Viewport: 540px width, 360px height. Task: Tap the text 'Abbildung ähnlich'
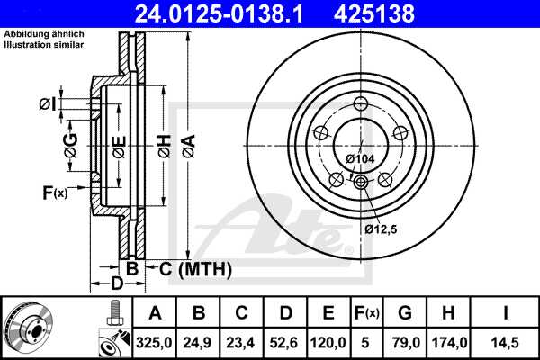pyautogui.click(x=40, y=35)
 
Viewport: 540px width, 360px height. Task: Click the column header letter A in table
pyautogui.click(x=155, y=313)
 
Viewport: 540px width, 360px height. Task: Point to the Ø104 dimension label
pyautogui.click(x=360, y=160)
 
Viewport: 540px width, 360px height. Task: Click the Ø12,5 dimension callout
pyautogui.click(x=380, y=229)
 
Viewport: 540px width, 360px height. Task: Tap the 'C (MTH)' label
pyautogui.click(x=195, y=268)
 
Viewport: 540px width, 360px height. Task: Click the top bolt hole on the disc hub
pyautogui.click(x=361, y=102)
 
